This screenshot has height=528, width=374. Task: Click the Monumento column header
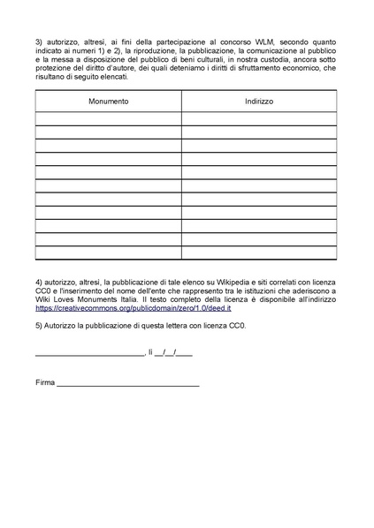pos(108,102)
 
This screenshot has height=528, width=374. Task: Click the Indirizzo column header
pos(259,102)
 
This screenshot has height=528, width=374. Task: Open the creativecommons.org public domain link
pos(133,309)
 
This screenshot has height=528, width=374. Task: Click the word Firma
pos(44,383)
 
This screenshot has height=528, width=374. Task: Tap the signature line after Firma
pos(128,385)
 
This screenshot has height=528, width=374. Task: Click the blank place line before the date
pos(89,354)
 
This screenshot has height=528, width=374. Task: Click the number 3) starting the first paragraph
pos(39,41)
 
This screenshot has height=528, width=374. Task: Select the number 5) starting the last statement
pos(39,327)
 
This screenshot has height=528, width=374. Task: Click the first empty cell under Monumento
pos(108,119)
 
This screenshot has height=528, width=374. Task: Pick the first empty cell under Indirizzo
pos(259,119)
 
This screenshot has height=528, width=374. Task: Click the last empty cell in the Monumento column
pos(108,253)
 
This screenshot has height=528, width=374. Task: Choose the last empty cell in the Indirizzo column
pos(259,253)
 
